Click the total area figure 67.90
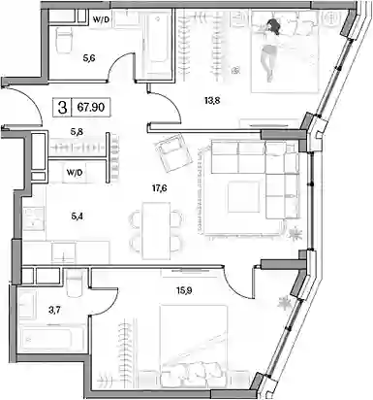pos(91,107)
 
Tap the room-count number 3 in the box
pos(62,107)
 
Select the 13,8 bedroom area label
pos(212,101)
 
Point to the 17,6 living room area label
pos(159,188)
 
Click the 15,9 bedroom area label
pos(184,290)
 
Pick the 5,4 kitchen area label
pos(77,217)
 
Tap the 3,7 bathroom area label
pos(54,310)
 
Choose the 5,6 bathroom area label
pos(88,58)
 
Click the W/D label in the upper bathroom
pos(101,19)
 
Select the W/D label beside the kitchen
pos(75,173)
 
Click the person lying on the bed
pos(270,50)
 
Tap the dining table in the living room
pos(157,230)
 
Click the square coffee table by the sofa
pos(243,197)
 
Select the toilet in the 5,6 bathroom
pos(64,40)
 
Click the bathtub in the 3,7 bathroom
pos(51,339)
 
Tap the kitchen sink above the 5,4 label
pos(34,218)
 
